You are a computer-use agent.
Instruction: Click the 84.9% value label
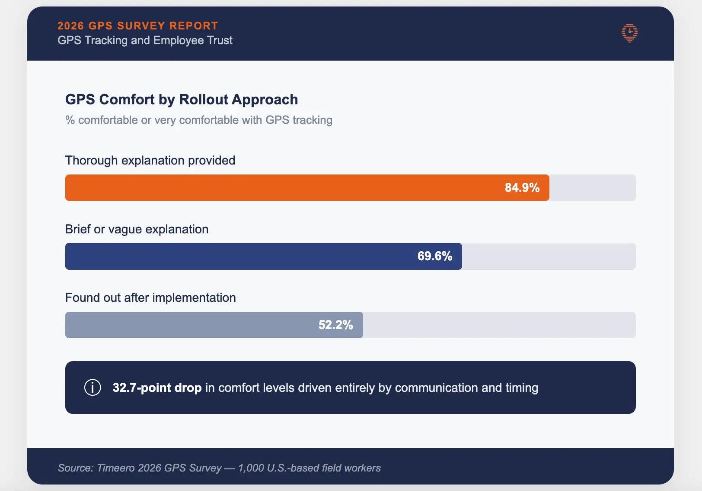522,187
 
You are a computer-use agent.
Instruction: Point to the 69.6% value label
434,256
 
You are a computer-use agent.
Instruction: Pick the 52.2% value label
335,325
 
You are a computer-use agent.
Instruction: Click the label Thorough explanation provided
150,160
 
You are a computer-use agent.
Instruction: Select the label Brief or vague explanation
137,229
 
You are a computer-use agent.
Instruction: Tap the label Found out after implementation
150,297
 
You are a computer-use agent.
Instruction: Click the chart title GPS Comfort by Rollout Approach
181,99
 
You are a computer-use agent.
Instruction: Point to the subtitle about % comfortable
198,120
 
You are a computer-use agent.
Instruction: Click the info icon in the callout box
93,387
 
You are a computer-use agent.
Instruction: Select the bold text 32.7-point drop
157,388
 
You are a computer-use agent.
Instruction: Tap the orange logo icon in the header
629,33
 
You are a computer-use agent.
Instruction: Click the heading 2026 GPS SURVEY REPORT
137,26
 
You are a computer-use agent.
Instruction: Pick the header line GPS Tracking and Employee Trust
145,40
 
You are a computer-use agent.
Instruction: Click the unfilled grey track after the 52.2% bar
497,325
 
